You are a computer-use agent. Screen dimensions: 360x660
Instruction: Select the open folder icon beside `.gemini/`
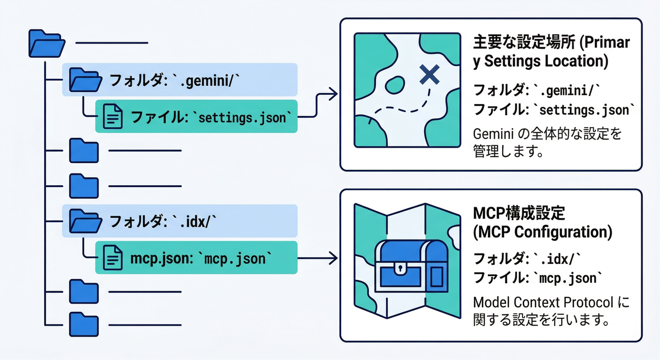click(85, 80)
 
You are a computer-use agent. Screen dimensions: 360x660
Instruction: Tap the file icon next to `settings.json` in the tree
click(112, 116)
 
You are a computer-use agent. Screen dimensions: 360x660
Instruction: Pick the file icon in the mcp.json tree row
click(112, 257)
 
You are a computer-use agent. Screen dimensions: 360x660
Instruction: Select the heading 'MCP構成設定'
click(519, 213)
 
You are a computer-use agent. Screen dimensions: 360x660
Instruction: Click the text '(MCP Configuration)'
click(542, 232)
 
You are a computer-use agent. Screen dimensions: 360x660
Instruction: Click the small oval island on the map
click(394, 85)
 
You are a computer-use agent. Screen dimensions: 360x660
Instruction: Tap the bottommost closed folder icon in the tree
click(84, 324)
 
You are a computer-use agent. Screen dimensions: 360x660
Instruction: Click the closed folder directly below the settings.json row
click(84, 150)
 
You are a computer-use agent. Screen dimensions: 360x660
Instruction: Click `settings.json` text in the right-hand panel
click(586, 110)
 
